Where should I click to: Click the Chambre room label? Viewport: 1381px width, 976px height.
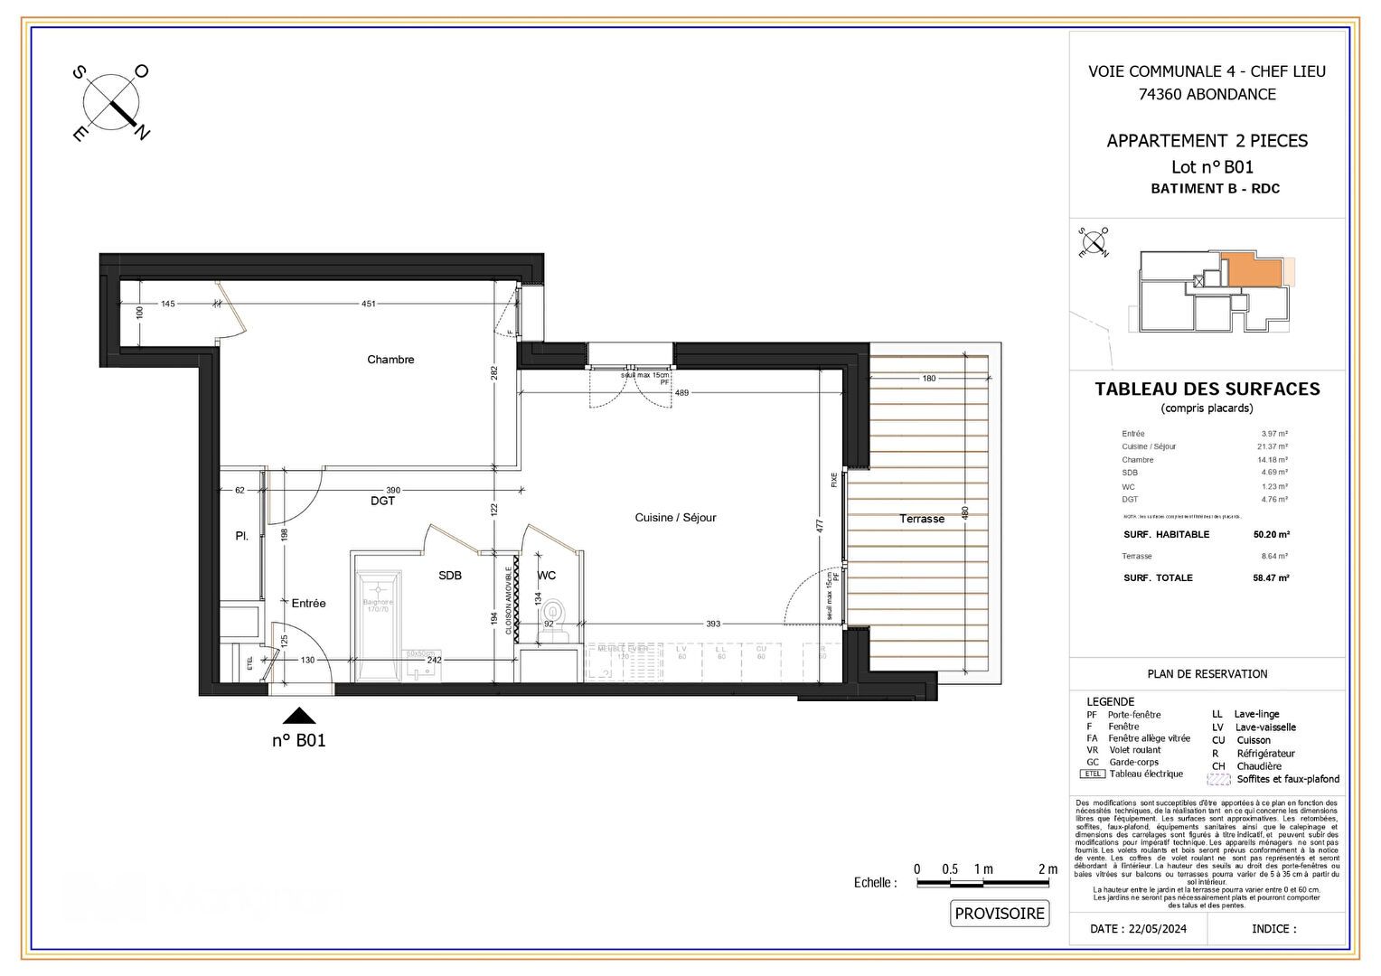[390, 360]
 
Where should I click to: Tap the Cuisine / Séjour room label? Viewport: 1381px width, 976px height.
[675, 518]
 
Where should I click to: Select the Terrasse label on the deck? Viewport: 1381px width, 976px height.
[921, 519]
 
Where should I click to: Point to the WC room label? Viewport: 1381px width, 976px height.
[547, 576]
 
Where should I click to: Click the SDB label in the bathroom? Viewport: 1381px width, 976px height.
[450, 576]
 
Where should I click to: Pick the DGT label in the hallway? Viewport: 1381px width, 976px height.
[382, 501]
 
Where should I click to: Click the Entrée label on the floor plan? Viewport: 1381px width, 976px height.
[308, 603]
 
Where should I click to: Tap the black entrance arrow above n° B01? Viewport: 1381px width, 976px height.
[299, 717]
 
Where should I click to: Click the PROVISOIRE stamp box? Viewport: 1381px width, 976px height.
[999, 914]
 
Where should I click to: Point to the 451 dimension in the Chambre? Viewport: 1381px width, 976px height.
[369, 304]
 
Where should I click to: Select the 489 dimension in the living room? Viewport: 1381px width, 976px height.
[681, 392]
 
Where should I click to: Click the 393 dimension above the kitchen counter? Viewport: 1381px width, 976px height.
[713, 624]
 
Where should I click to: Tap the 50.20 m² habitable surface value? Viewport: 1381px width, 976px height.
[1271, 535]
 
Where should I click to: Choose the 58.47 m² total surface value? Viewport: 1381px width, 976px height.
[1271, 578]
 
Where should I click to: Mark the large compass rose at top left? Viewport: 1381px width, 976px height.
[111, 102]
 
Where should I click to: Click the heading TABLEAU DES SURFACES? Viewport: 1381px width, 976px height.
[1207, 389]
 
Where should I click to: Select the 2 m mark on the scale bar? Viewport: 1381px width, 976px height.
[1047, 869]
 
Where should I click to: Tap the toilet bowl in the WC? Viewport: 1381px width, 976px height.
[553, 615]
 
